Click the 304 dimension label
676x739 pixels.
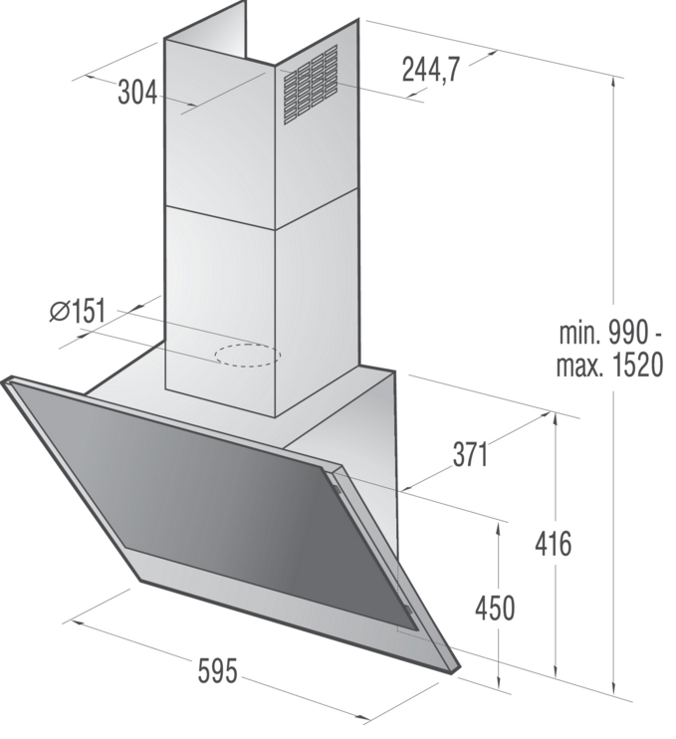point(137,92)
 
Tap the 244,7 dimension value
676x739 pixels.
point(430,70)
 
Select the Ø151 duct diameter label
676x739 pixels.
point(78,311)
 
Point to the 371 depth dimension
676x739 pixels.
point(471,455)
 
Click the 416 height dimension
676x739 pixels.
point(554,544)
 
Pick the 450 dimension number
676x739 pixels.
point(495,608)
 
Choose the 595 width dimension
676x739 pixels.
point(217,670)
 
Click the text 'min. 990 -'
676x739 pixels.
point(610,333)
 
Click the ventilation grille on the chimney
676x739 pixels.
point(311,85)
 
